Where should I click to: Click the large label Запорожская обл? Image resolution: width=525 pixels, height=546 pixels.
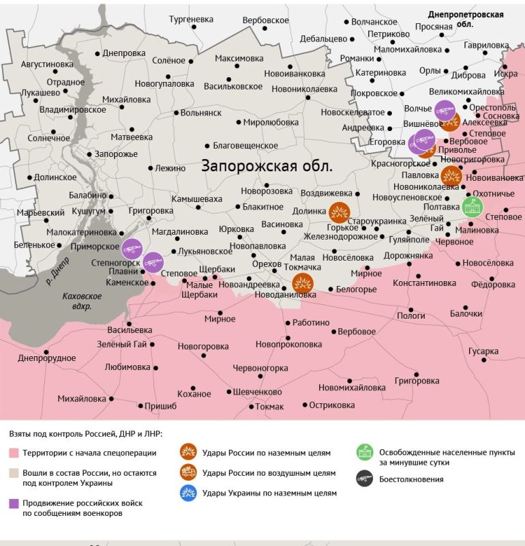click(x=267, y=166)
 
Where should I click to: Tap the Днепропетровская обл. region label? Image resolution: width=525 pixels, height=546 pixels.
click(x=466, y=19)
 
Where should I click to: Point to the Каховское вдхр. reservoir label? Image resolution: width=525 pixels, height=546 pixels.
click(x=81, y=301)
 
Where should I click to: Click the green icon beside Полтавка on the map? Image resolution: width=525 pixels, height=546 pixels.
click(x=472, y=206)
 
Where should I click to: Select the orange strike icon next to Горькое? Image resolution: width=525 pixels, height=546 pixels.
click(x=339, y=213)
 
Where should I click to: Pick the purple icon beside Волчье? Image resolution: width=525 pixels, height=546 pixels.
click(x=445, y=109)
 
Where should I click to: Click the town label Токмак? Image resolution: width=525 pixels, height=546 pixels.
click(x=270, y=407)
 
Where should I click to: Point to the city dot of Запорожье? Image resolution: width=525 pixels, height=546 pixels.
click(x=87, y=154)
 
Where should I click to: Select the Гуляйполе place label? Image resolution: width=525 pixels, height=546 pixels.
click(x=409, y=240)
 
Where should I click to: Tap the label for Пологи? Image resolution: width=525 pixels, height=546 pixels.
click(x=411, y=316)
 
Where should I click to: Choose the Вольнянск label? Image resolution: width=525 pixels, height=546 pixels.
click(x=201, y=113)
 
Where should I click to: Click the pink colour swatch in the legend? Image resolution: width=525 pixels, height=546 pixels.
click(x=14, y=453)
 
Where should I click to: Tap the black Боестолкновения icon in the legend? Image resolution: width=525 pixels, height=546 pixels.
click(x=364, y=479)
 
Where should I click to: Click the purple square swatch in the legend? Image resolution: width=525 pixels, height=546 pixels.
click(x=14, y=503)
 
